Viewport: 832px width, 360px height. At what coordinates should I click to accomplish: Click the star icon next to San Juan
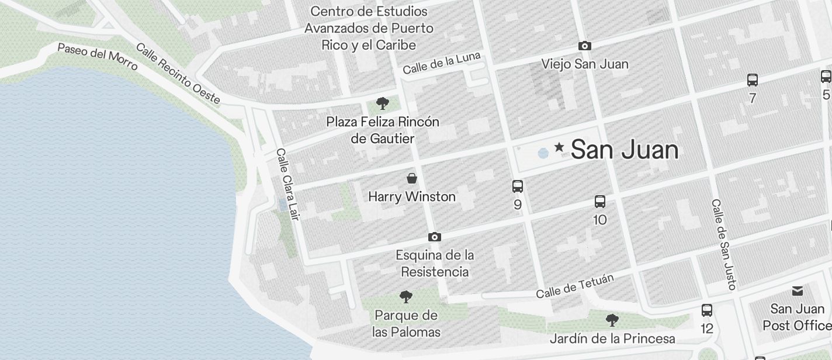(x=559, y=147)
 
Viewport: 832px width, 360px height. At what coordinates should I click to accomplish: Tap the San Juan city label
(x=624, y=150)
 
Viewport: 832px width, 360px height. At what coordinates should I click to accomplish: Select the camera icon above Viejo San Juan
(x=584, y=46)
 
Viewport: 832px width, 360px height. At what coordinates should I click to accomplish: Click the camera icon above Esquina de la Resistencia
(x=434, y=237)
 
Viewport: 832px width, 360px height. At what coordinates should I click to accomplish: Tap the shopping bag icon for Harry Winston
(x=412, y=178)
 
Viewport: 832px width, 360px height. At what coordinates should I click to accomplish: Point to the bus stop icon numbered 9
(x=518, y=186)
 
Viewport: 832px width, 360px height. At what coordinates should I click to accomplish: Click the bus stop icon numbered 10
(x=600, y=202)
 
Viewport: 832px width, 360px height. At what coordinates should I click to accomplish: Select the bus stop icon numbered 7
(x=753, y=80)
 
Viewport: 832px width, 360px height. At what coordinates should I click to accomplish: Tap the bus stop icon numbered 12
(x=707, y=310)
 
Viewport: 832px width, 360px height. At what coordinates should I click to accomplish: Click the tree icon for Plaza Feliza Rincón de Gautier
(x=383, y=104)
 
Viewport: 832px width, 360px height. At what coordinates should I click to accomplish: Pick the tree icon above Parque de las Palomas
(x=405, y=297)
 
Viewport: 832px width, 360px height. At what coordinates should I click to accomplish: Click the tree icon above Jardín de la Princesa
(x=612, y=320)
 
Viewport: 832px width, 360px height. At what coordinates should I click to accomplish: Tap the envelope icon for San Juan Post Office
(x=798, y=291)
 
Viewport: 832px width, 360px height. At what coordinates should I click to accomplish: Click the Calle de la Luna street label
(x=441, y=63)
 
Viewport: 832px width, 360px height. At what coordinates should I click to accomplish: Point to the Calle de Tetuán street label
(x=575, y=286)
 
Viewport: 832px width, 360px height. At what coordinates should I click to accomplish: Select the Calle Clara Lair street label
(x=287, y=184)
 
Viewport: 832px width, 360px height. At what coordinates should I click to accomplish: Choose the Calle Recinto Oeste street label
(x=178, y=74)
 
